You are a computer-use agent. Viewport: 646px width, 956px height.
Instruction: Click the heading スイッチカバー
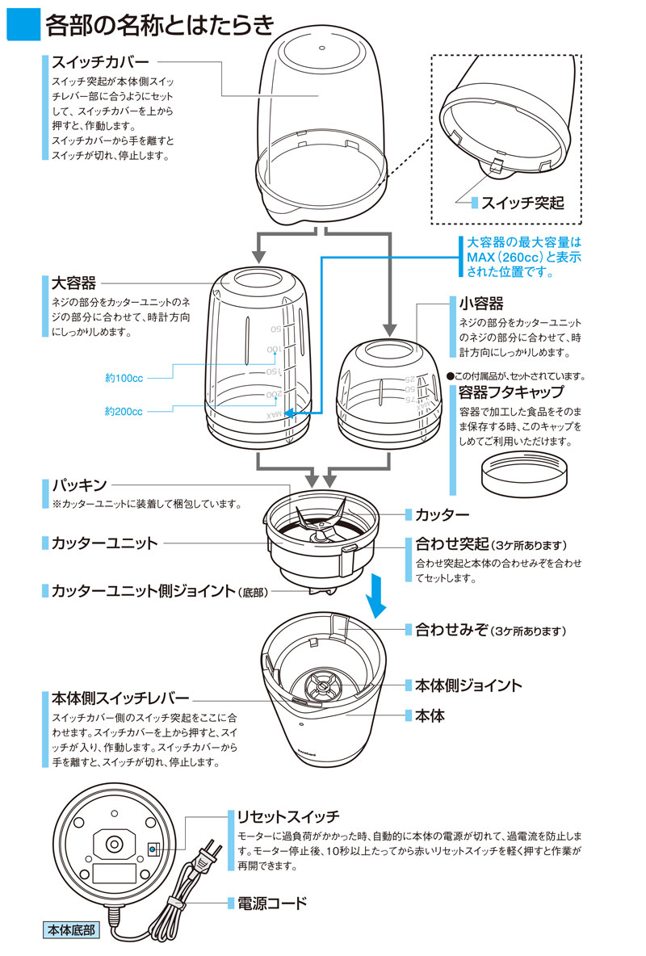(x=102, y=61)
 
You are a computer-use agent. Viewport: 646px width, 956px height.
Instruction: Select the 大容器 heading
(x=73, y=283)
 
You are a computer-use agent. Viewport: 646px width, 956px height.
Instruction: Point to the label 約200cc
(x=124, y=411)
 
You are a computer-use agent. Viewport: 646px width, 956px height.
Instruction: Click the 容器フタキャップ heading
(x=511, y=393)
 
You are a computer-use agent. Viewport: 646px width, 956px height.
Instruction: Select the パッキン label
(x=79, y=485)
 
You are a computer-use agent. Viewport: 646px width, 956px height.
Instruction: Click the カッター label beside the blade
(x=442, y=514)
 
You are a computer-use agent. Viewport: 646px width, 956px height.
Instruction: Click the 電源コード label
(x=272, y=902)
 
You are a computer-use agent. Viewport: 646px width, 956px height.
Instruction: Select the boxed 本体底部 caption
(x=69, y=929)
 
